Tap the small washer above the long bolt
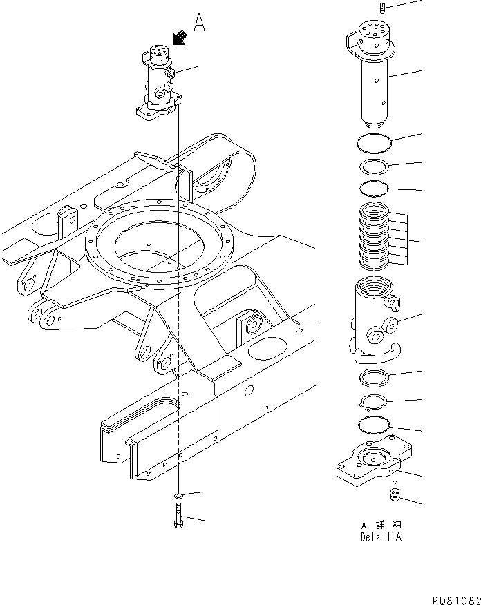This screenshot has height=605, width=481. (178, 495)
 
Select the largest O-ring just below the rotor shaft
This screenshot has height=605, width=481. (374, 142)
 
